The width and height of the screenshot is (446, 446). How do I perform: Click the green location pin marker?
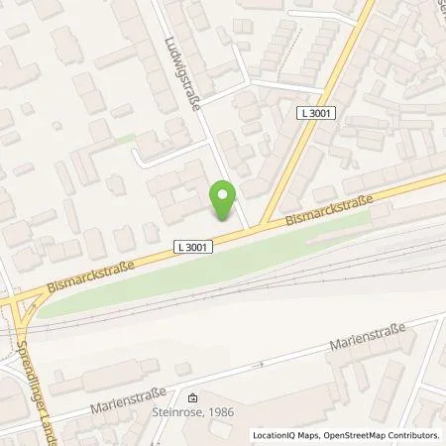point(223,198)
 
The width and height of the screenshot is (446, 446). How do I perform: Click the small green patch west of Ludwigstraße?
point(123,140)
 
